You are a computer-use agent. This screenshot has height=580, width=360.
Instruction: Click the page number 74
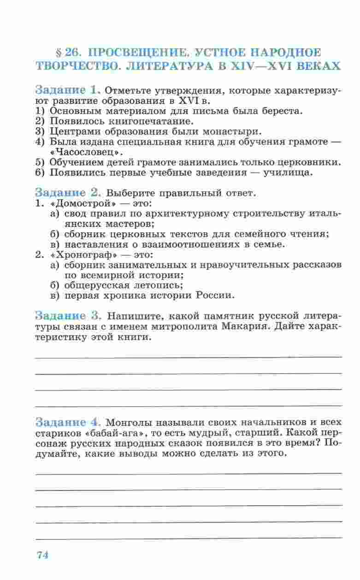(x=42, y=555)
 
